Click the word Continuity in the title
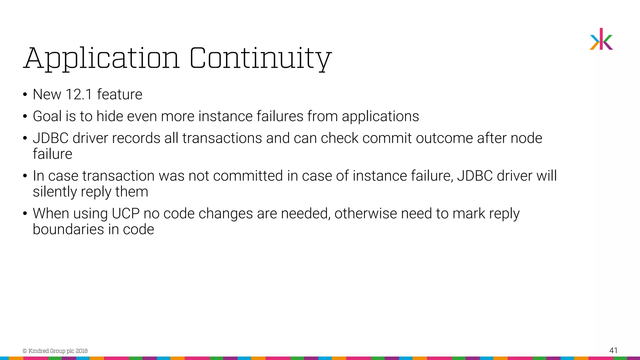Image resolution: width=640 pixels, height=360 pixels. click(260, 58)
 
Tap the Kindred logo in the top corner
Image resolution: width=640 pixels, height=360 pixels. click(601, 39)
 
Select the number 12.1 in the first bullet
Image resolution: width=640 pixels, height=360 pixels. click(79, 94)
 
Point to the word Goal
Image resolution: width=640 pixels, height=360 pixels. click(47, 116)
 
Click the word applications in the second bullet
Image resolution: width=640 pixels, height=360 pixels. click(380, 116)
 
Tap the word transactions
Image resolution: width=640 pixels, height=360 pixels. click(222, 138)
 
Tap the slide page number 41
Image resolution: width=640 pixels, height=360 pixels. click(613, 350)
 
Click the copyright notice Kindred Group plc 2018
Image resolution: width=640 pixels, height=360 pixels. click(55, 351)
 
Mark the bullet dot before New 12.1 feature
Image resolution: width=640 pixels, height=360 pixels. click(25, 95)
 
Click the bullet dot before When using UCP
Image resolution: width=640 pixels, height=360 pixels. click(25, 214)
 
